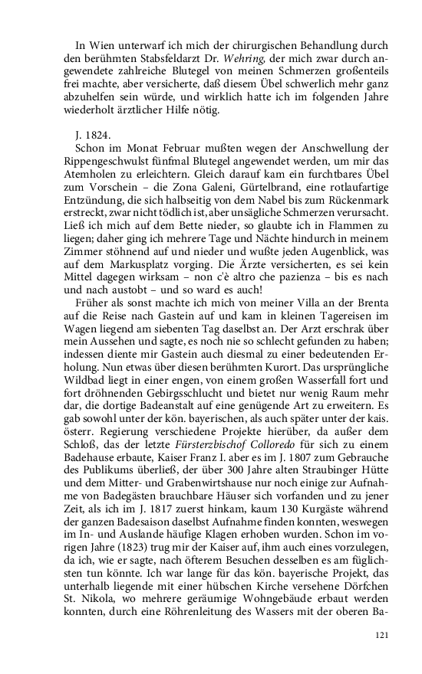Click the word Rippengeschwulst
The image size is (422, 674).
pyautogui.click(x=108, y=162)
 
